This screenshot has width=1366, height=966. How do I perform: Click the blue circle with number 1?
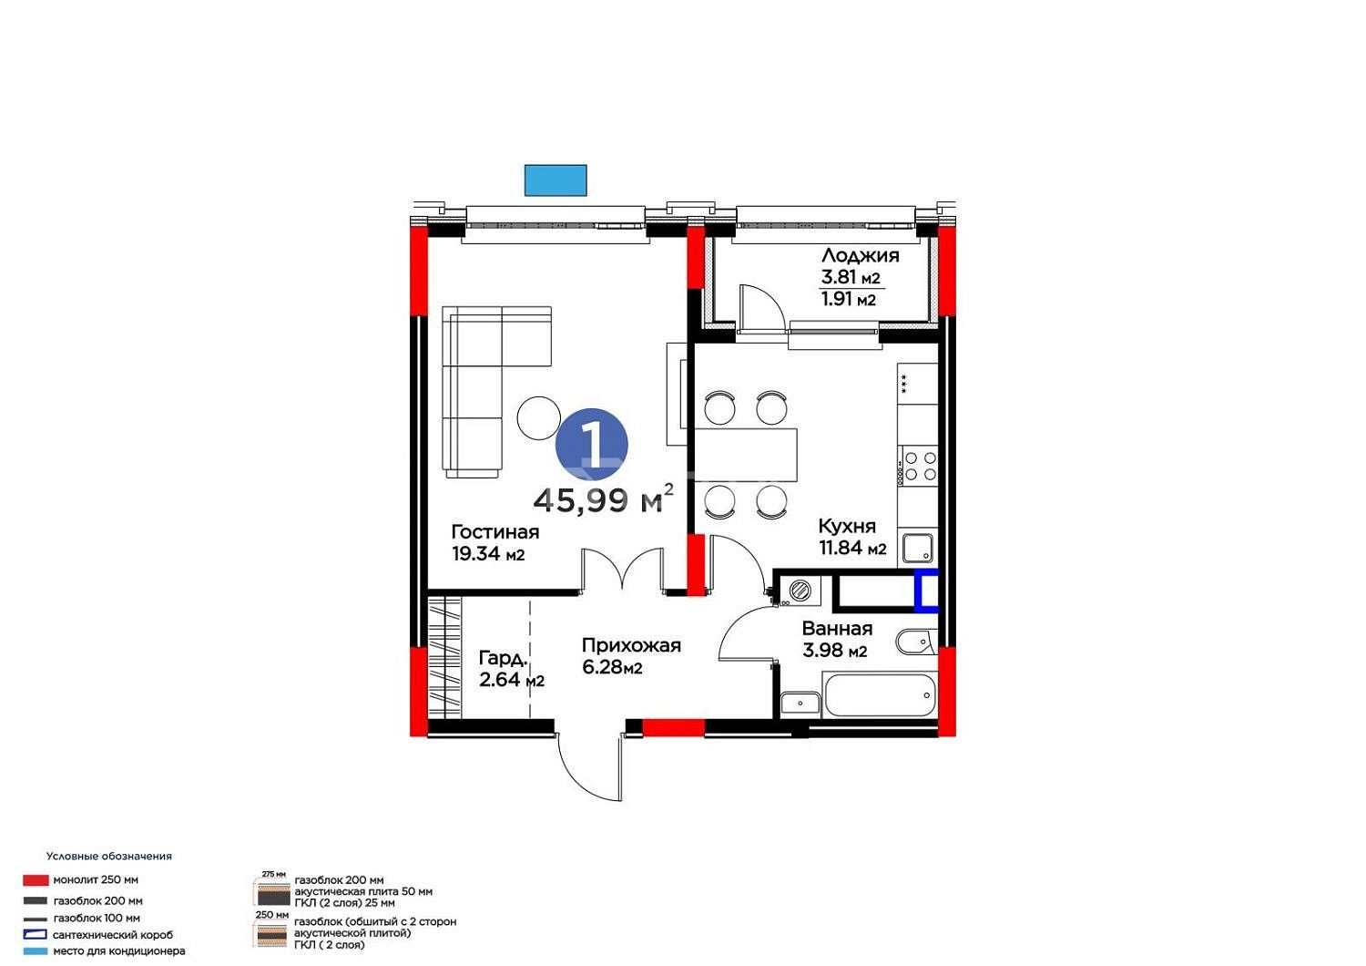pos(591,444)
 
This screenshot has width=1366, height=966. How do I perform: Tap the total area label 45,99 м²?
pos(603,499)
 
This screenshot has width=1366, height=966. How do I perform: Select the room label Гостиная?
pos(495,532)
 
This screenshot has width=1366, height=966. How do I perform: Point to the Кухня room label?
pos(846,526)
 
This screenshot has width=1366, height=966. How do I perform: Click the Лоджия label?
pos(860,255)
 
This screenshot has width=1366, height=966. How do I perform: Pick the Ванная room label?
pos(837,629)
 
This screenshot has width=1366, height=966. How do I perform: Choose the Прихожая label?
pos(631,645)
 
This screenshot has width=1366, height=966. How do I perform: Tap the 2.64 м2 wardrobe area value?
pos(511,680)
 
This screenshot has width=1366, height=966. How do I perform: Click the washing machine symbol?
pos(799,591)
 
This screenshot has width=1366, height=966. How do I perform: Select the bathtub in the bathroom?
pos(880,695)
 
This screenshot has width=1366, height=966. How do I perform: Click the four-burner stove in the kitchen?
pos(918,466)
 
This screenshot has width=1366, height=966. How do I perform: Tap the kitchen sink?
pos(918,548)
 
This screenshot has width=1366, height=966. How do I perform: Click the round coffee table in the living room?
pos(538,418)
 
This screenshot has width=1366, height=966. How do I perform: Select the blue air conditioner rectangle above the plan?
pos(556,180)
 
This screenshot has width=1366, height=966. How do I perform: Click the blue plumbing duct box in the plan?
pos(926,591)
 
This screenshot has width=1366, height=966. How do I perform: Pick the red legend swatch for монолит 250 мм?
pos(36,880)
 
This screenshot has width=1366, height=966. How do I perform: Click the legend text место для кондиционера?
pos(119,951)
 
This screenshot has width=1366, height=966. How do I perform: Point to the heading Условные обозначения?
pos(109,856)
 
